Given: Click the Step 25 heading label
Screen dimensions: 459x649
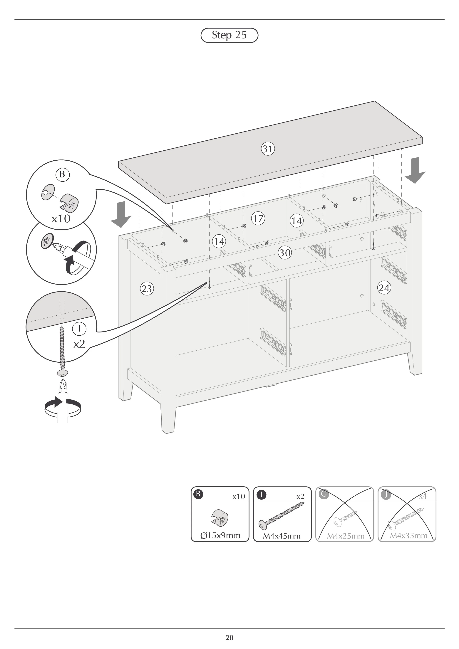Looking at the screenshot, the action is (229, 35).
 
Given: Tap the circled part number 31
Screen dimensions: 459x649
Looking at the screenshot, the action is (268, 149).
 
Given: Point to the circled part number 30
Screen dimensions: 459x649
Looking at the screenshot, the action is (285, 252).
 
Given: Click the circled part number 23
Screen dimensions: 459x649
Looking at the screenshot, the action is (147, 289).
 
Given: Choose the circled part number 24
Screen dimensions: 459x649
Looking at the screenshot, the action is (384, 288).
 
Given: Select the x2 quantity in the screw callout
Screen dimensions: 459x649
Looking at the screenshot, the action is (79, 344).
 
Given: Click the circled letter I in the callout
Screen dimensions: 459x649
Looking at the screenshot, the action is (79, 328).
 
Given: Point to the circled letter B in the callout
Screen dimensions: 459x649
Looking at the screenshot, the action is (62, 174).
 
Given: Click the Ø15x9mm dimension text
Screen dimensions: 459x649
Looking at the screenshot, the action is (220, 536).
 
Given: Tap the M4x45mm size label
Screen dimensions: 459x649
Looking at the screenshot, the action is (282, 536).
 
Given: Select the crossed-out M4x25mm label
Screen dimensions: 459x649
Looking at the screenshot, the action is (346, 536).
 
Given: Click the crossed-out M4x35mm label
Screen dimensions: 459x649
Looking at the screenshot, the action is (408, 535).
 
